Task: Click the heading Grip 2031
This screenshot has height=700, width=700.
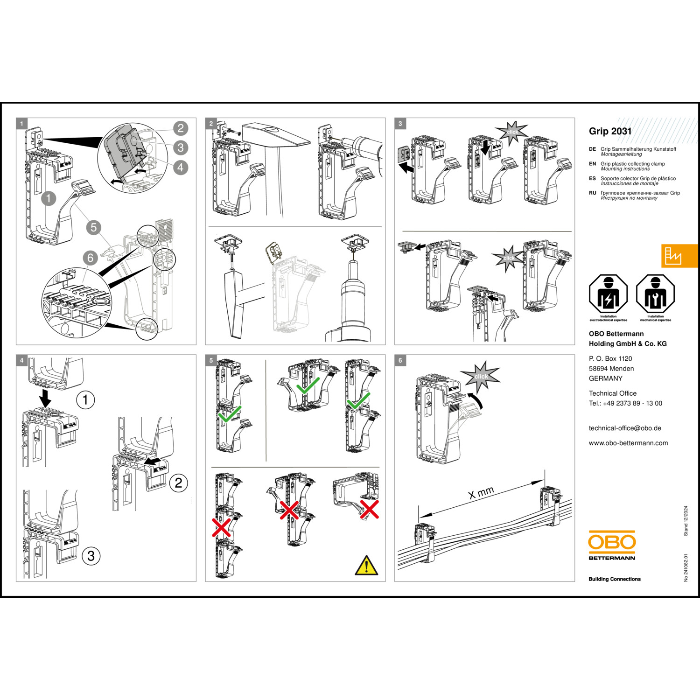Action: click(x=610, y=131)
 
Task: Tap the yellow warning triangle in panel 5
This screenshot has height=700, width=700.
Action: click(x=367, y=566)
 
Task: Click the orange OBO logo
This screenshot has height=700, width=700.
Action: click(x=612, y=542)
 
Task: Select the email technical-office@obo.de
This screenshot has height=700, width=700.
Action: click(x=625, y=428)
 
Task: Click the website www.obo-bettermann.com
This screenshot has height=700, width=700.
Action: click(x=628, y=443)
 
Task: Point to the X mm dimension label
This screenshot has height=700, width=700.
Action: click(x=481, y=493)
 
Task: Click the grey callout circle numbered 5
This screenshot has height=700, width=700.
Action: click(x=93, y=227)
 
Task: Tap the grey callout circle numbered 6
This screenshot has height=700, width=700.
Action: click(x=90, y=258)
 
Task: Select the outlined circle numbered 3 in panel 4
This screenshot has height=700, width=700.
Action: click(x=91, y=556)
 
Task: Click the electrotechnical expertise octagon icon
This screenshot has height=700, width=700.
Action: click(x=608, y=294)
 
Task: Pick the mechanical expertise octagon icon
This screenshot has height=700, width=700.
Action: click(x=656, y=294)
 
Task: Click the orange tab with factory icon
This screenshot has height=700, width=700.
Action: click(x=680, y=256)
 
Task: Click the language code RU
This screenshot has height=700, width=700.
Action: click(x=592, y=193)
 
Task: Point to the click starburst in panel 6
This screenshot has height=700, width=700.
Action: click(x=481, y=376)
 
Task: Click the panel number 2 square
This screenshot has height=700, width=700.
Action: click(x=211, y=124)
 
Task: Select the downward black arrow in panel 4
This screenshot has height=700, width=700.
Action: click(x=45, y=399)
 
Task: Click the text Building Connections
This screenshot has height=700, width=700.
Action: click(x=615, y=579)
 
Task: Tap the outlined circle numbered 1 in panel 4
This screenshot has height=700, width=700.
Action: click(x=85, y=400)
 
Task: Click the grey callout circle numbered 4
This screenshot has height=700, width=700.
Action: click(x=181, y=167)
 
